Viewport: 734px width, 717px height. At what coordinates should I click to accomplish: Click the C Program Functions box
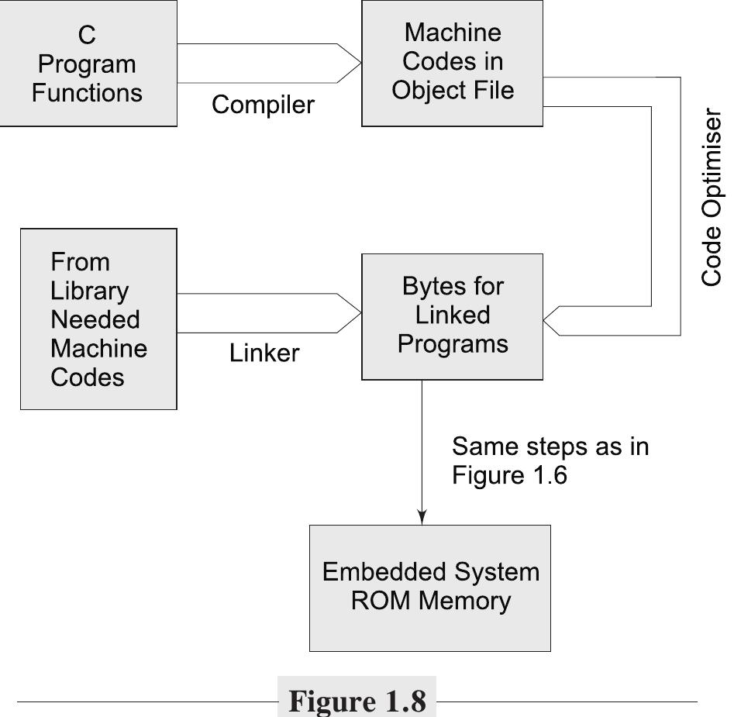coord(88,64)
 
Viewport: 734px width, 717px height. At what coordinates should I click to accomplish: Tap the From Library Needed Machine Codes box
coord(98,319)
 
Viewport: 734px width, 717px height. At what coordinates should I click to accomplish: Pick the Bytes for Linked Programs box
coord(452,315)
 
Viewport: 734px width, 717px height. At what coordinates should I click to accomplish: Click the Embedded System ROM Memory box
coord(429,587)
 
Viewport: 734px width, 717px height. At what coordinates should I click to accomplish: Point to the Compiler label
coord(263,105)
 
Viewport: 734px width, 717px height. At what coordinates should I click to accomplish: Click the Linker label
coord(264,353)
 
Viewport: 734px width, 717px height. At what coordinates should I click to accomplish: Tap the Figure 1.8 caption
coord(357,701)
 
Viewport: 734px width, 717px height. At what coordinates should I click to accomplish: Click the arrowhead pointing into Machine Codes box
coord(351,64)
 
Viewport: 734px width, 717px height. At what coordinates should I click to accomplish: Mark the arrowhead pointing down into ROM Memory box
coord(422,516)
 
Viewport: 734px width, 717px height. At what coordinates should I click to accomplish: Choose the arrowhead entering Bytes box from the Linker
coord(351,313)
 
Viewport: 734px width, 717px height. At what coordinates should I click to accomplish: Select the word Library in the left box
coord(89,291)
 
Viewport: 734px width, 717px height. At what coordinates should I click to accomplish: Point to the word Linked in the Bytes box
coord(452,315)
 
